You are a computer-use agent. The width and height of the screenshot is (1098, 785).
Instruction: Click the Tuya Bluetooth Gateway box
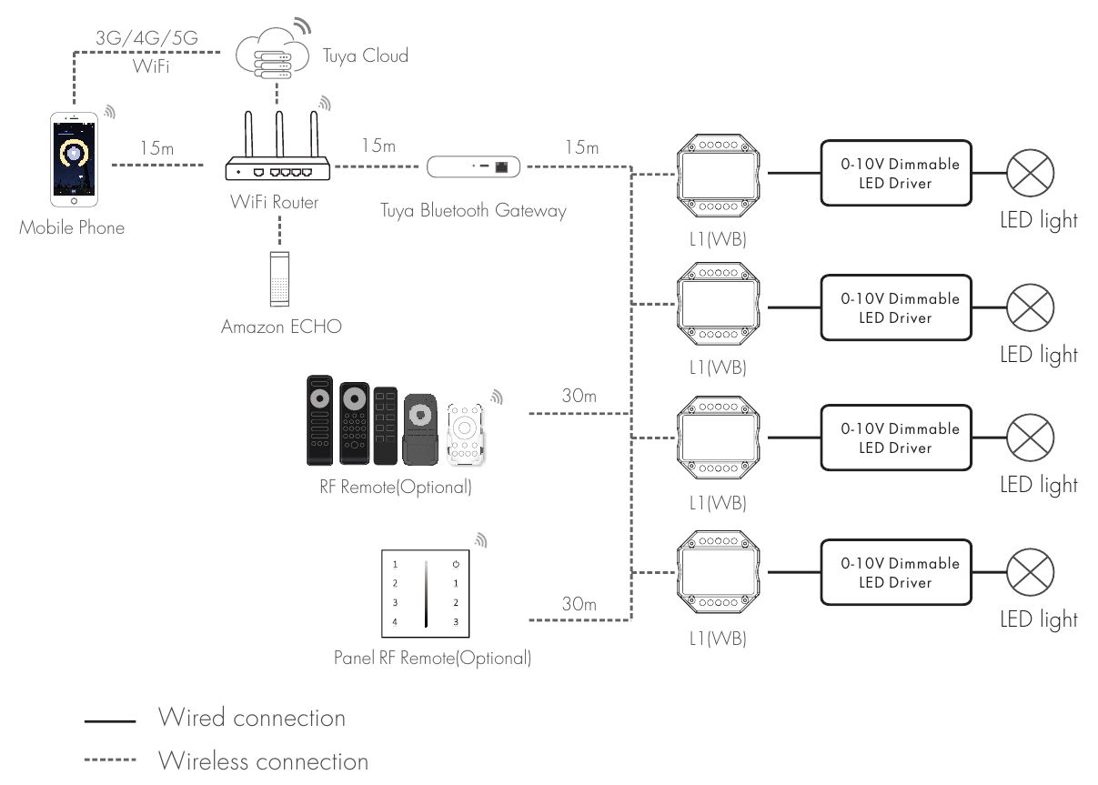[x=474, y=166]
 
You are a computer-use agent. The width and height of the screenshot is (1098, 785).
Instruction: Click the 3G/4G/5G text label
[x=146, y=39]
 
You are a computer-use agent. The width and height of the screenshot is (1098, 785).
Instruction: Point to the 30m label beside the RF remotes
[x=579, y=397]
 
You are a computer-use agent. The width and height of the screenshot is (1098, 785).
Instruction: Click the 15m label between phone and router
[x=156, y=147]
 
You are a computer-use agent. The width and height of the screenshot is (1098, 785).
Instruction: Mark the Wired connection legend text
[x=252, y=718]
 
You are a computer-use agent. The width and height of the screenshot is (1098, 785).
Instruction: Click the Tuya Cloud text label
[x=366, y=56]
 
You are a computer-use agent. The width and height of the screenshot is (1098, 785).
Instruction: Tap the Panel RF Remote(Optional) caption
[x=432, y=658]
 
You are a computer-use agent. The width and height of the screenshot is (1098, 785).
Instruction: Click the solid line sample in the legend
[x=110, y=720]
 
